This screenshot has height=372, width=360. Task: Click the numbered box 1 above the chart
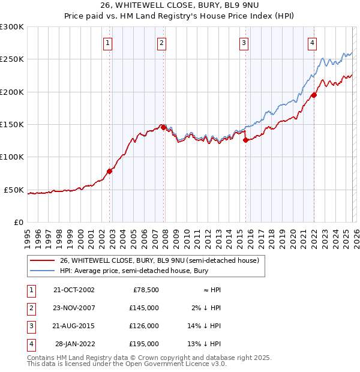107,42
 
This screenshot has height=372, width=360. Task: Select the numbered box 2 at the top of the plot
162,42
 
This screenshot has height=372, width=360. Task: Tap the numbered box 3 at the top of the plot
244,42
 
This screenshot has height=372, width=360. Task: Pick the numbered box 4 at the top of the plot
313,42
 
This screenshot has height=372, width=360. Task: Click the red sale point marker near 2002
109,171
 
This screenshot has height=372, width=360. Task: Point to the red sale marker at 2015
245,140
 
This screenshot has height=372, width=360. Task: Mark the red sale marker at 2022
314,95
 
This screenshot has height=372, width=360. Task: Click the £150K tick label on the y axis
12,125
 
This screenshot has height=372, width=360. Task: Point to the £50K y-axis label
14,190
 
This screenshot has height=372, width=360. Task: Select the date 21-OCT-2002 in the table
74,290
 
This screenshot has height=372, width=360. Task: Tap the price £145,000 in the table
144,308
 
